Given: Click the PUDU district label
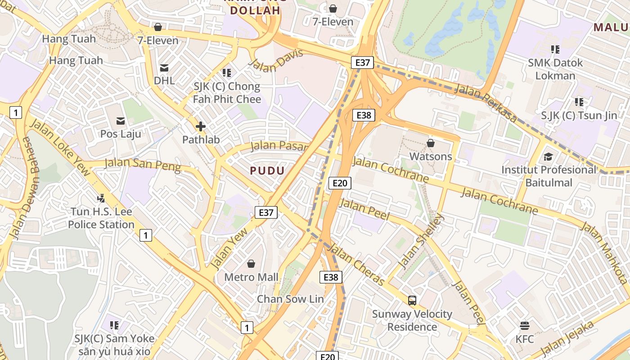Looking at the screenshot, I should point(267,171).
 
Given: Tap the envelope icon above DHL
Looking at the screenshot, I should point(164,68).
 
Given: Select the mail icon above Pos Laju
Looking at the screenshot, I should point(121,121).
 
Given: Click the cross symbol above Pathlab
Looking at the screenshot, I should point(201,126).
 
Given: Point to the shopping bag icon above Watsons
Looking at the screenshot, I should point(431,143).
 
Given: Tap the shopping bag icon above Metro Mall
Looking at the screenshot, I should point(251,264).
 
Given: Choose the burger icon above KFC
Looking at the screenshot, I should point(524,325).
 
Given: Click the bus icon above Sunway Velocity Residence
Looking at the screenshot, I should point(412,300).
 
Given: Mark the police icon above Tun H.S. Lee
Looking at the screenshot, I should point(101,198).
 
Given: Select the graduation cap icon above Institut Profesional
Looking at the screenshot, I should point(548,157).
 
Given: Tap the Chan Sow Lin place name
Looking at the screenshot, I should point(290,299).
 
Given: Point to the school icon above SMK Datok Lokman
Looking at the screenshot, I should point(555,49).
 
